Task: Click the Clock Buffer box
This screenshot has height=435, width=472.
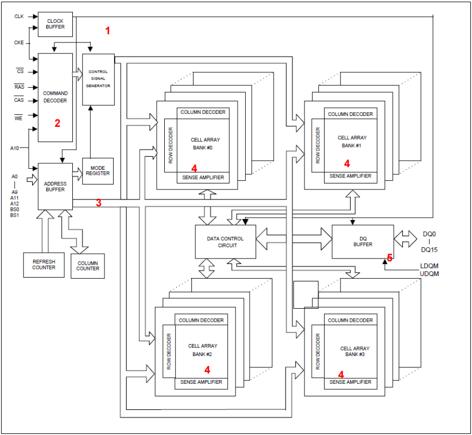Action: tap(55, 24)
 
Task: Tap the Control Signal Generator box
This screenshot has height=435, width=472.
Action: tap(98, 79)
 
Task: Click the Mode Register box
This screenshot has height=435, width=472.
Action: tap(98, 170)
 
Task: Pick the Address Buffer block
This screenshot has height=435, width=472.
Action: tap(55, 186)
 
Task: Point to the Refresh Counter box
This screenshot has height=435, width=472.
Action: tap(44, 264)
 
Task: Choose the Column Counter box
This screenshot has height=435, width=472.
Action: tap(88, 266)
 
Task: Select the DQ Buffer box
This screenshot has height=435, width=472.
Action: tap(363, 241)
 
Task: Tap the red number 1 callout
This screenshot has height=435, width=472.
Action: tap(108, 31)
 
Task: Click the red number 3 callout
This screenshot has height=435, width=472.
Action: tap(98, 203)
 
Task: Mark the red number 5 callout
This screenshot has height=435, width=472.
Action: tap(389, 258)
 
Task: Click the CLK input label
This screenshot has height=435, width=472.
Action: tap(19, 17)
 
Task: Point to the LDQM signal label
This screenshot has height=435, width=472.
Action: tap(429, 266)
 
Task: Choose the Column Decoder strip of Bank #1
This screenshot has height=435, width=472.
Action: tap(350, 114)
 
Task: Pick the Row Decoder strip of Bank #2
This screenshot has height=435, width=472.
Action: tap(169, 352)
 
